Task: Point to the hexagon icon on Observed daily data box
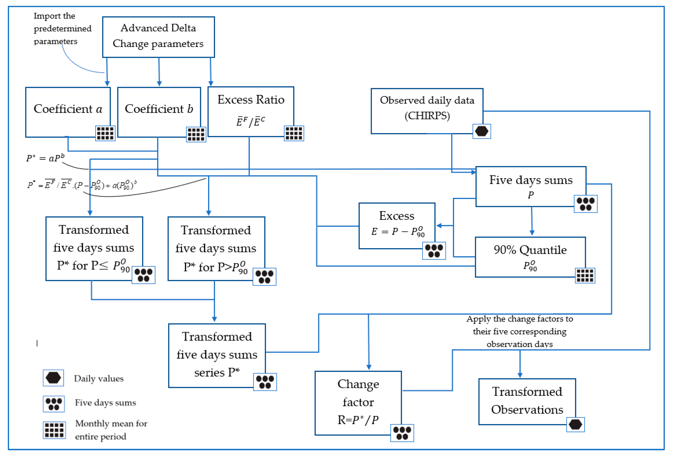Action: [x=482, y=131]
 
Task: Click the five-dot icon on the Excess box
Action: [x=434, y=250]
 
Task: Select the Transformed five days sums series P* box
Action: [x=217, y=355]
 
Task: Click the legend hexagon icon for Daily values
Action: [x=53, y=378]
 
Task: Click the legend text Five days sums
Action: [x=105, y=403]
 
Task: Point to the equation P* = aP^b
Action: [x=45, y=158]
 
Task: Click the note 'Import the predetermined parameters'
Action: [x=62, y=28]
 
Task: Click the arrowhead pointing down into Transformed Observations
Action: [x=520, y=375]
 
